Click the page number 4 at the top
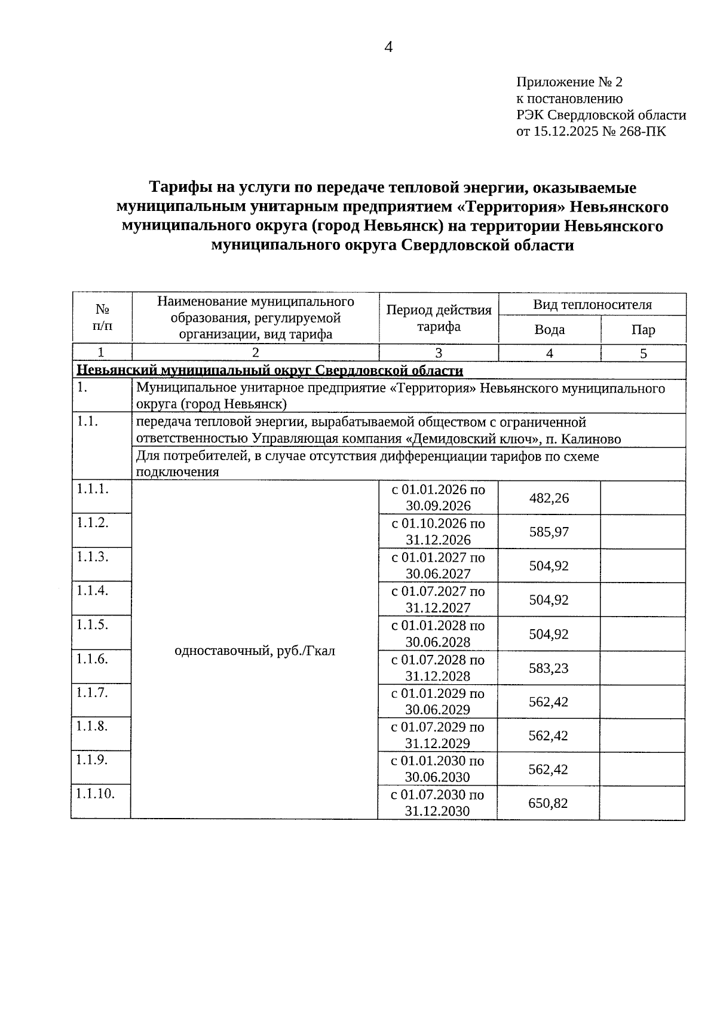[x=388, y=48]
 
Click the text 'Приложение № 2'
[x=569, y=82]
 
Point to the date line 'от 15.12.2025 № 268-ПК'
[x=590, y=131]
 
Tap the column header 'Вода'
[x=549, y=330]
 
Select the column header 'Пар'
[x=643, y=330]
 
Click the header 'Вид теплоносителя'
[x=592, y=305]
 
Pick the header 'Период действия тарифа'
[x=439, y=318]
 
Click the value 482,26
[x=549, y=498]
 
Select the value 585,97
[x=549, y=532]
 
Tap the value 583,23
[x=549, y=667]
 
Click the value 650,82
[x=547, y=803]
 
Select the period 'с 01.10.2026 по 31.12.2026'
[x=438, y=532]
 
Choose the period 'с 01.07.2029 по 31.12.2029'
[x=437, y=735]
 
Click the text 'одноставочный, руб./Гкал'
[x=255, y=651]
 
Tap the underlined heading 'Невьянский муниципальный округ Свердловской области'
[x=269, y=370]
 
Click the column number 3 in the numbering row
[x=438, y=353]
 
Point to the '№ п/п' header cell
[x=102, y=318]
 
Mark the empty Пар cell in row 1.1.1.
[x=642, y=498]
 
